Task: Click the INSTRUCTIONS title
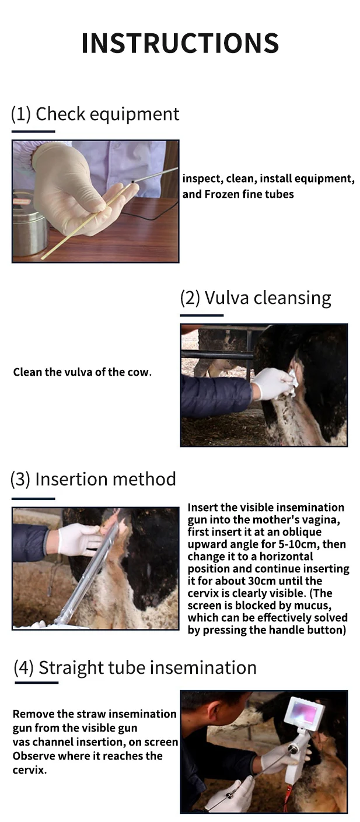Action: [x=180, y=43]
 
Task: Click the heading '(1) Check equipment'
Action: [x=95, y=114]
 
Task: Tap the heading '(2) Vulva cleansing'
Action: [x=256, y=298]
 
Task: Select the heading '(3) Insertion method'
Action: [x=93, y=479]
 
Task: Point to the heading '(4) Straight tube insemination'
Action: [x=135, y=667]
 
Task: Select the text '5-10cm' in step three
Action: [x=292, y=544]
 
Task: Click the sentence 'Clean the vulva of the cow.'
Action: [x=82, y=372]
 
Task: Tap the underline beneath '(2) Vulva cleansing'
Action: [x=201, y=315]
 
